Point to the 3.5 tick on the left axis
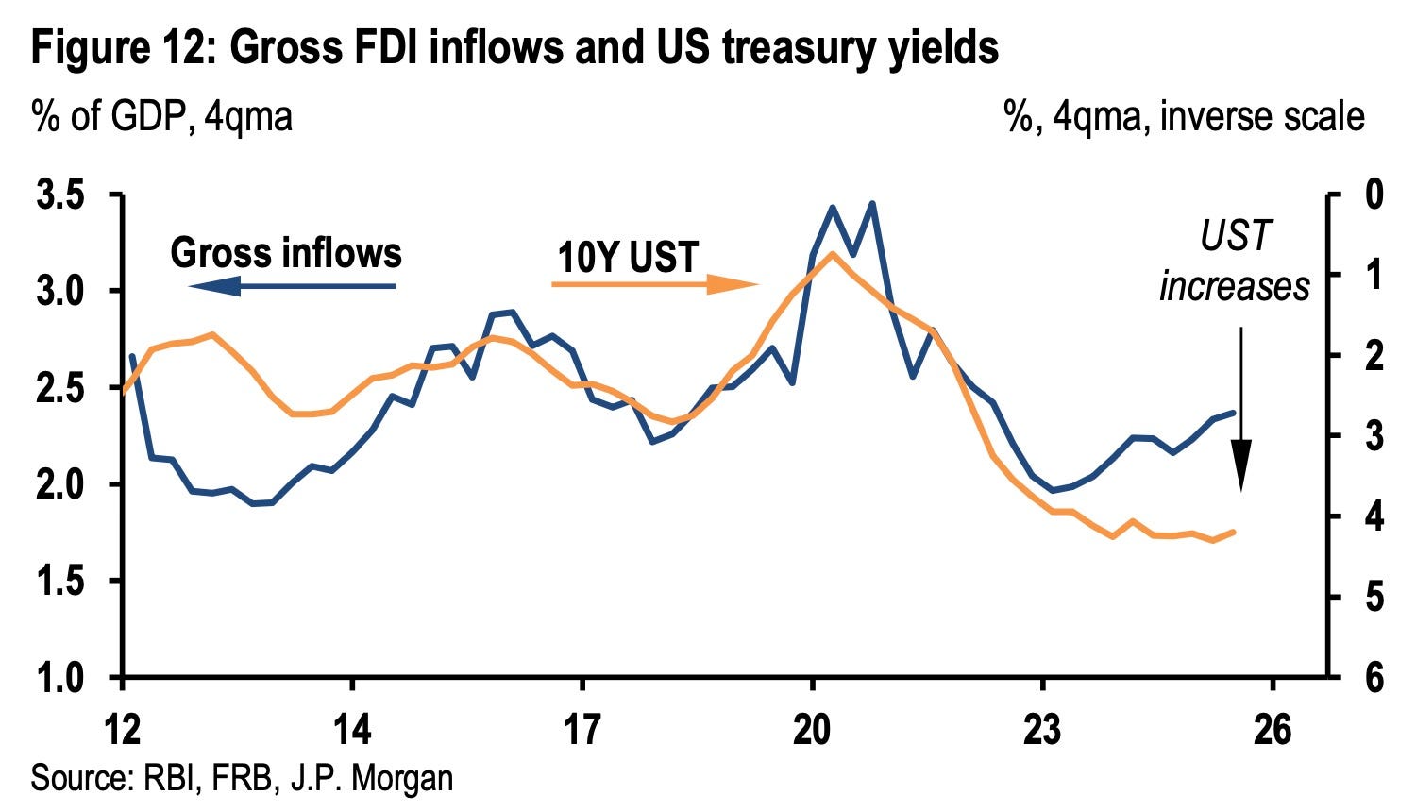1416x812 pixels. coord(60,195)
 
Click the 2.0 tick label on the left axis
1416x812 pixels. coord(60,484)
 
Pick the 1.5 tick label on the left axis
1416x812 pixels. coord(60,581)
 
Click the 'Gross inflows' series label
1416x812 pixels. coord(286,252)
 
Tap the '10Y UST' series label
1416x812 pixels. coord(628,258)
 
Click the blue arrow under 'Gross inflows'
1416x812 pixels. coord(292,286)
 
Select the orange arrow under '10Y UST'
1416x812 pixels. coord(655,284)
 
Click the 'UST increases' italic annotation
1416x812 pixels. coord(1234,261)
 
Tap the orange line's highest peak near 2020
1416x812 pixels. coord(832,254)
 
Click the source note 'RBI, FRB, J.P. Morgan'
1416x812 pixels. coord(298,777)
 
